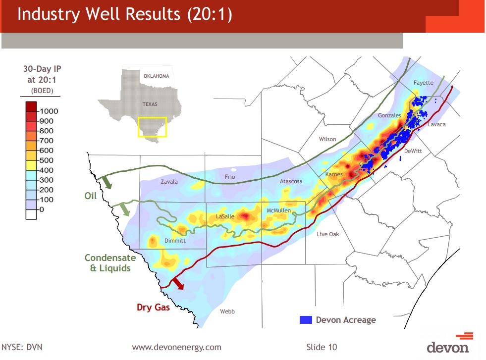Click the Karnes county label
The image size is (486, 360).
coord(333,175)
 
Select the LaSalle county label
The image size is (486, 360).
coord(225,217)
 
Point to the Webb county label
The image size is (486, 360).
coord(227,311)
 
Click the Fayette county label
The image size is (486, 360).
coord(423,83)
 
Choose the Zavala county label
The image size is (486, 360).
coord(169,182)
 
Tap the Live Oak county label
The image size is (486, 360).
coord(328,234)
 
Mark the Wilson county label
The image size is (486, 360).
coord(327,139)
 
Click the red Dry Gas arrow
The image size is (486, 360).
coord(177,283)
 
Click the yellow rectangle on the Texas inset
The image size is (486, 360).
coord(152,127)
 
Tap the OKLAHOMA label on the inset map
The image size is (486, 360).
coord(156,76)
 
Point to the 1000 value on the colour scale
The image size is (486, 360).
coord(49,111)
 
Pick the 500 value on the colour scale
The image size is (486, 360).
coord(46,160)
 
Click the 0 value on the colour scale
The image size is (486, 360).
coord(42,209)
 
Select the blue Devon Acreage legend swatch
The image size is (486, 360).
coord(306,320)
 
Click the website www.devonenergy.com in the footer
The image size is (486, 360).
coord(176,347)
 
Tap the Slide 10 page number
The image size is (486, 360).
coord(322,347)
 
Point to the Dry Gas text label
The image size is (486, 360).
coord(153,308)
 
